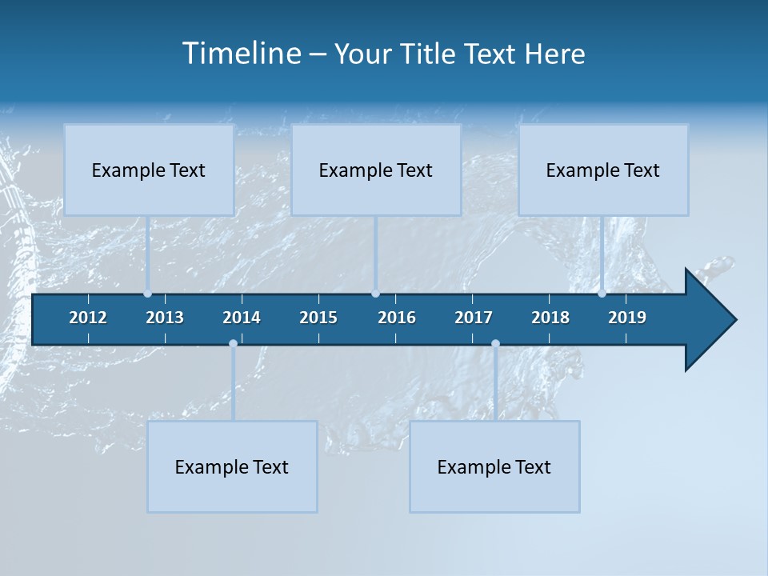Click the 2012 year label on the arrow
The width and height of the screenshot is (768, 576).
pyautogui.click(x=88, y=318)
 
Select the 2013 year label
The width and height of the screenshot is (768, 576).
pyautogui.click(x=165, y=318)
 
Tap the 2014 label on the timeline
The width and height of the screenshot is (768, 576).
pyautogui.click(x=242, y=318)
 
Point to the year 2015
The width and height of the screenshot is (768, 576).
pyautogui.click(x=318, y=318)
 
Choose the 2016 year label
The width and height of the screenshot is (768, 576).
pyautogui.click(x=397, y=318)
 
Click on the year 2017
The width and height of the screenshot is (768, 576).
pyautogui.click(x=474, y=318)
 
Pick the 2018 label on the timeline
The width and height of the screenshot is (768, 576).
pyautogui.click(x=550, y=318)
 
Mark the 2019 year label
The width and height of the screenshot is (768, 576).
pyautogui.click(x=627, y=318)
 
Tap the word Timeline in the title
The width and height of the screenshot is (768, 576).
pyautogui.click(x=241, y=54)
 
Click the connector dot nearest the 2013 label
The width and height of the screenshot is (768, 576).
pyautogui.click(x=148, y=294)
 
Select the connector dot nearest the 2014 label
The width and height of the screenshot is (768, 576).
pyautogui.click(x=233, y=344)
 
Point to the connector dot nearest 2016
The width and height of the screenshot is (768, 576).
pyautogui.click(x=375, y=294)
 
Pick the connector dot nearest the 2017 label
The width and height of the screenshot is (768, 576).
pyautogui.click(x=495, y=344)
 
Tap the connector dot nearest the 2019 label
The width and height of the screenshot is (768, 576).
pyautogui.click(x=602, y=294)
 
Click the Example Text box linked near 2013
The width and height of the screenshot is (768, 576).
pyautogui.click(x=149, y=170)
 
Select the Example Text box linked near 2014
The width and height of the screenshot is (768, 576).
pyautogui.click(x=232, y=466)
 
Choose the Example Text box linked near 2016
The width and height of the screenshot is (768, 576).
pyautogui.click(x=376, y=170)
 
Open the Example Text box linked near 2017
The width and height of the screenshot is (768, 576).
pyautogui.click(x=494, y=466)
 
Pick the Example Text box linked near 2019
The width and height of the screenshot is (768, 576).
pyautogui.click(x=603, y=170)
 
